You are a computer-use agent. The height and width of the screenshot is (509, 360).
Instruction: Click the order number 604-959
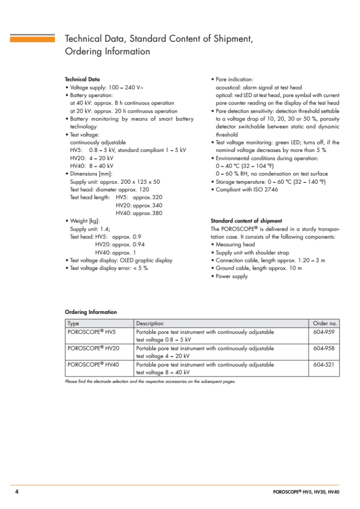tap(324, 332)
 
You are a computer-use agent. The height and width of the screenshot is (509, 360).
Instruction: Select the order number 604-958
tap(324, 348)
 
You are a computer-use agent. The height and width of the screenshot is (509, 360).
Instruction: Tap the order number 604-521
tap(324, 365)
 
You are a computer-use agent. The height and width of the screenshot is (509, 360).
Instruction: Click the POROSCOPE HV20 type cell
tap(92, 348)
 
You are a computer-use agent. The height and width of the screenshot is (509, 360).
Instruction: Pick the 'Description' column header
tap(150, 323)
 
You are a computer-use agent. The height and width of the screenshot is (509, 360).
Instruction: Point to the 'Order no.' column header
tap(325, 323)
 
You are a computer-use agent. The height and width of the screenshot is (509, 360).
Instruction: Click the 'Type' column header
tap(73, 323)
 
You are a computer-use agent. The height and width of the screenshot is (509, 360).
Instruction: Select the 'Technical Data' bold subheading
tap(82, 79)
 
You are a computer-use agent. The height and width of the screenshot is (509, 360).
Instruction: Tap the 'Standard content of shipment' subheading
tap(246, 221)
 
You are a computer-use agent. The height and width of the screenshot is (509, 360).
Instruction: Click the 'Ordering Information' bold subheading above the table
tap(90, 312)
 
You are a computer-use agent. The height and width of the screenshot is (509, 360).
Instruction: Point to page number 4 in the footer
tap(17, 492)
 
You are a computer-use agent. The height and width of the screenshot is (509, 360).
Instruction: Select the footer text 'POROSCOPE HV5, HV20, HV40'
tap(306, 492)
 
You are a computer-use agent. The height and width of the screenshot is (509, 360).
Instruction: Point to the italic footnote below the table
tap(150, 382)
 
